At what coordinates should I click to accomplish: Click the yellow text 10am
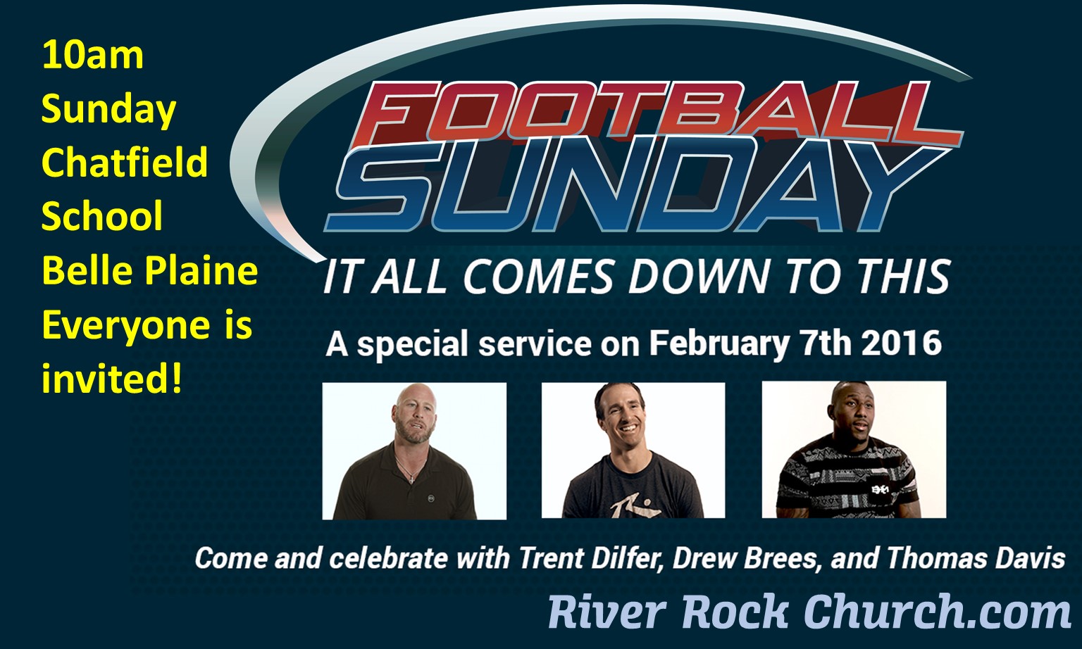click(x=93, y=56)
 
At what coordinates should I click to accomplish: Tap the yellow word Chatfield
click(x=125, y=162)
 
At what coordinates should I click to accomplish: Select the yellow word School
click(x=102, y=215)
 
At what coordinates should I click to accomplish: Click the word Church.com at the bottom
click(x=938, y=612)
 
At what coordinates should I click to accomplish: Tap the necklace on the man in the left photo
click(x=409, y=470)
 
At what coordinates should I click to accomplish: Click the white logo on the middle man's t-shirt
click(x=624, y=508)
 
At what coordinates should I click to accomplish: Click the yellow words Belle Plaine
click(x=150, y=271)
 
